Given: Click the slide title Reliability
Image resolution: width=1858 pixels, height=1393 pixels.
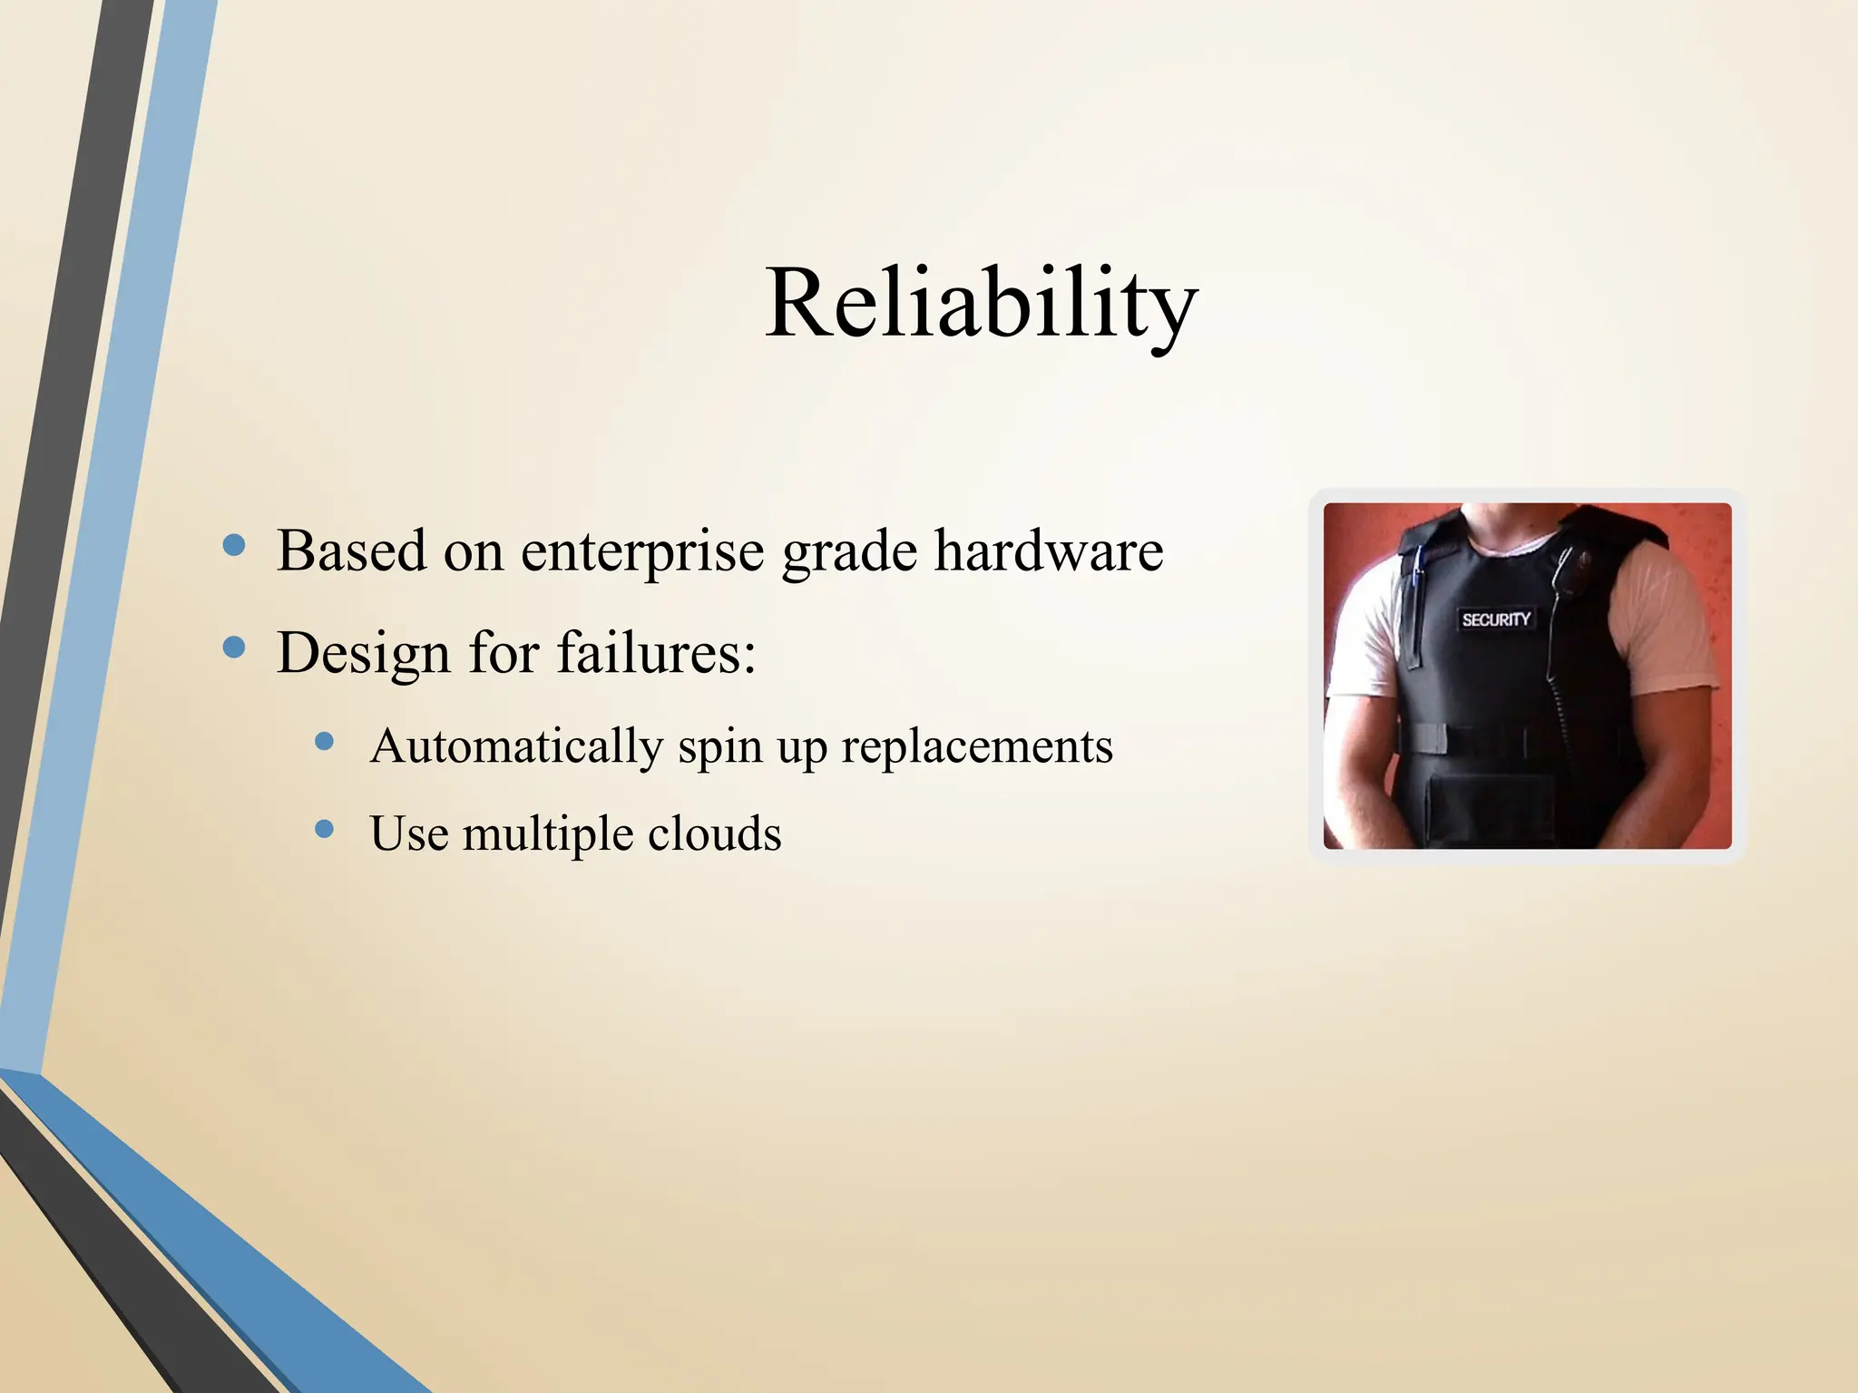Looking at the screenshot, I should point(982,304).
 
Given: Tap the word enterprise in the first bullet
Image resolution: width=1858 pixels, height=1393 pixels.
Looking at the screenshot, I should point(642,551).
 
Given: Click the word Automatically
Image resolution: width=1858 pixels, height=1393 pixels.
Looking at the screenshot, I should point(516,746).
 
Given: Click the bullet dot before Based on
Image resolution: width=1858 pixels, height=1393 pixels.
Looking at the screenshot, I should point(234,545).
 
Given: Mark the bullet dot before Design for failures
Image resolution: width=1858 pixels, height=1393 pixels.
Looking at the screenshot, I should point(234,647).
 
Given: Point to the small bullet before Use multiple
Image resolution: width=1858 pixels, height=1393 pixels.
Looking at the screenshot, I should point(324,829).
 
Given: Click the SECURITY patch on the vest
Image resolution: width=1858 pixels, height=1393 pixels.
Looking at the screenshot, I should point(1496,619).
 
